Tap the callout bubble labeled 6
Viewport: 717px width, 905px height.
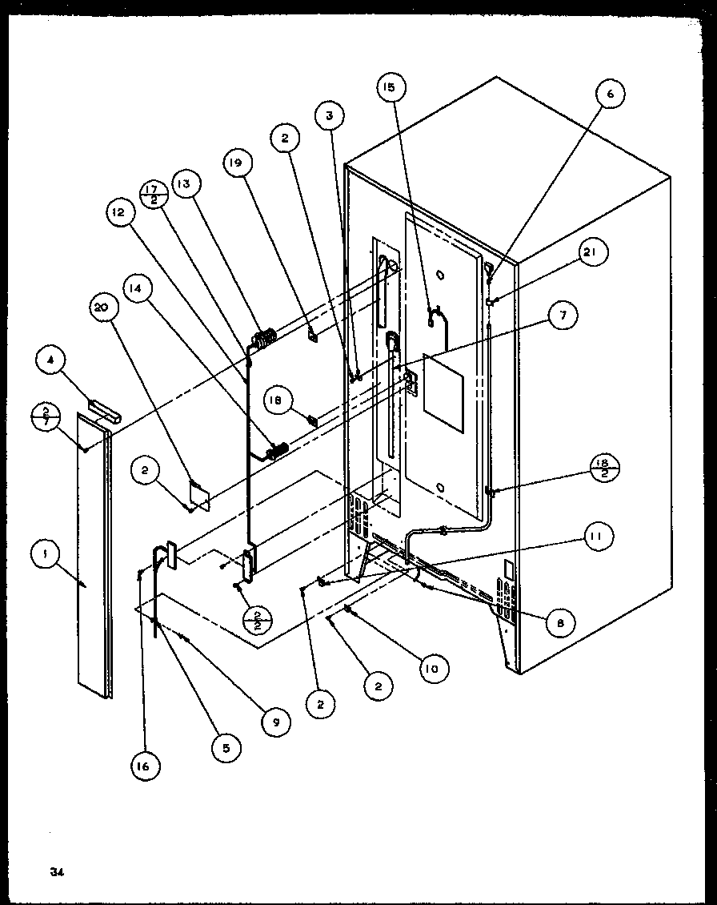(x=610, y=95)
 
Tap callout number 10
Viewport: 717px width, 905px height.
(x=432, y=668)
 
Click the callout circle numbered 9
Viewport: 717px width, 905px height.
(x=275, y=721)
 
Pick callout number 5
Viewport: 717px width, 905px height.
(x=226, y=748)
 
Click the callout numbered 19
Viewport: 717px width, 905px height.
(x=238, y=164)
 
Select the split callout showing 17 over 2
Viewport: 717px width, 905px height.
(x=154, y=195)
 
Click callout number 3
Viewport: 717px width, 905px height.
(x=329, y=116)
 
